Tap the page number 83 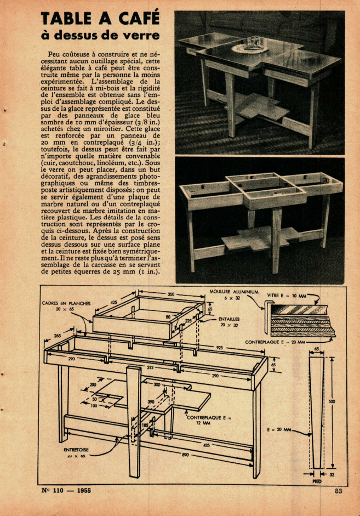[338, 491]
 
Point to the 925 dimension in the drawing [219, 348]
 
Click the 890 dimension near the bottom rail [186, 455]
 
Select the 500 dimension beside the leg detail [332, 401]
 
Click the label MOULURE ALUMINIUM [234, 292]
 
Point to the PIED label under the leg [317, 481]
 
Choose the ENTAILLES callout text [228, 319]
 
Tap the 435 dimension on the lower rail [206, 445]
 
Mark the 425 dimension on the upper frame [114, 303]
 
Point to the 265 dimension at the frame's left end [57, 336]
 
